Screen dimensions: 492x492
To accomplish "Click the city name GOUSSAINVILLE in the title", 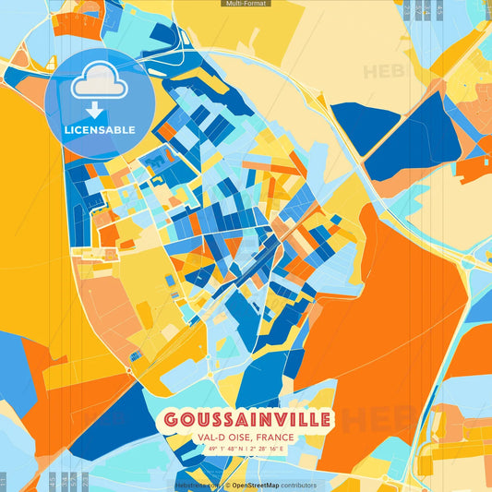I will (246, 421).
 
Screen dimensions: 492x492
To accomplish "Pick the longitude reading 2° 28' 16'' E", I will (274, 449).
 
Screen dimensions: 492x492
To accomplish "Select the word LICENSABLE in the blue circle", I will (99, 129).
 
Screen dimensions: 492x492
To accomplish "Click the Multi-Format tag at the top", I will (246, 4).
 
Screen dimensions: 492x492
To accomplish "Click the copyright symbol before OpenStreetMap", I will (227, 485).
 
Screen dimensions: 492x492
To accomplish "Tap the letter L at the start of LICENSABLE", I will (66, 129).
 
